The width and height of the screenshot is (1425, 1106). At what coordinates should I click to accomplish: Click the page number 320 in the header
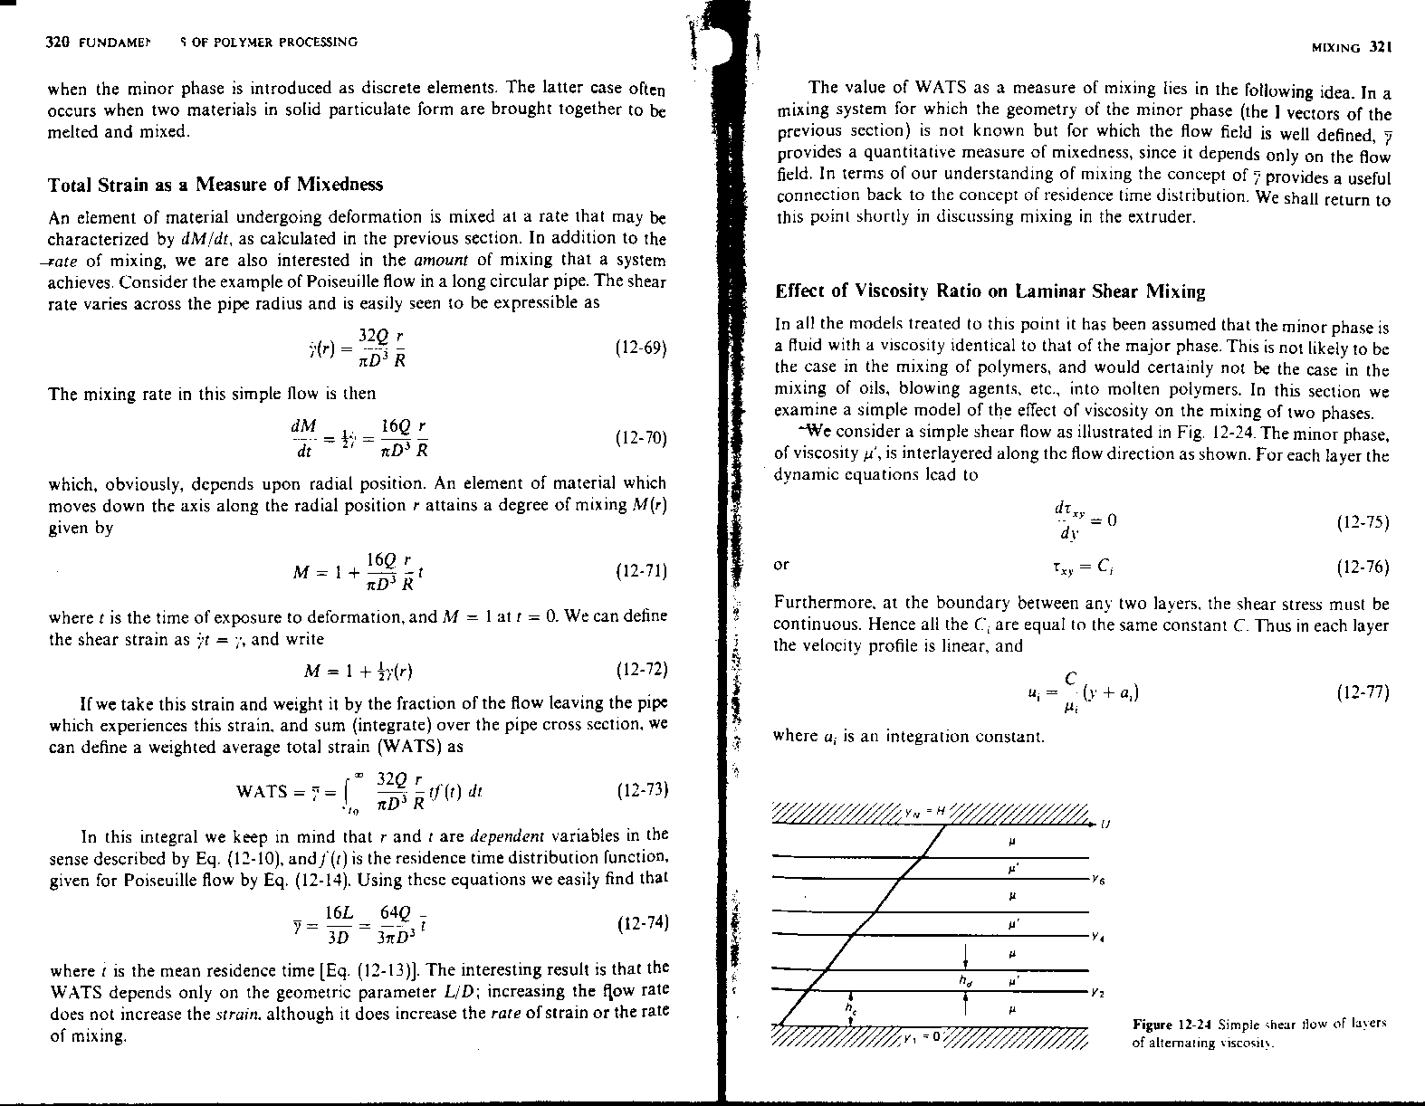tap(59, 43)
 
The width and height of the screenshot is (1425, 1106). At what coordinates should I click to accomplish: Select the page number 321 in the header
tap(1380, 48)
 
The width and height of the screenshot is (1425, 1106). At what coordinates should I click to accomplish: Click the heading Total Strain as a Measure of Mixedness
tap(215, 185)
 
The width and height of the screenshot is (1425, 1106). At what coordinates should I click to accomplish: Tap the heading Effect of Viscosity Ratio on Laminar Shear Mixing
tap(990, 291)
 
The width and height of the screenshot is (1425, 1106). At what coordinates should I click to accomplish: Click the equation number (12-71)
tap(640, 572)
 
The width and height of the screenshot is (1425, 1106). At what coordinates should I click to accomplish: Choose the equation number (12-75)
tap(1362, 522)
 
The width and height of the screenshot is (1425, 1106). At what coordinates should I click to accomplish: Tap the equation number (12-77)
tap(1362, 693)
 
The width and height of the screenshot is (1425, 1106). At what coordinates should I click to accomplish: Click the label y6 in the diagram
tap(1098, 879)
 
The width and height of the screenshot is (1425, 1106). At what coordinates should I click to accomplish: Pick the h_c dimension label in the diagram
tap(849, 1006)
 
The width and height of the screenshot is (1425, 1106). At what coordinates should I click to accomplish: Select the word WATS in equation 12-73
tap(261, 792)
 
